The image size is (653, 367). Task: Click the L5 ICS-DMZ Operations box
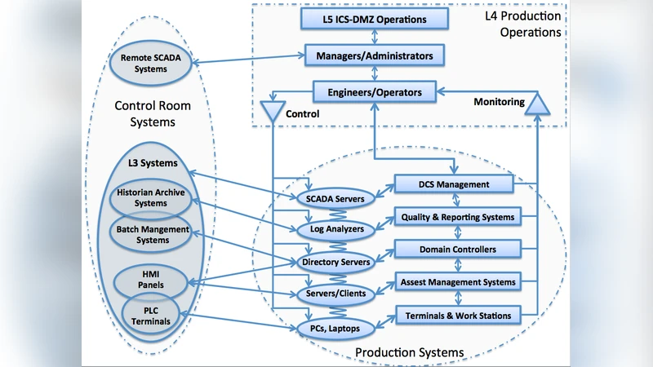(375, 18)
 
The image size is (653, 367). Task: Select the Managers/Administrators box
(375, 56)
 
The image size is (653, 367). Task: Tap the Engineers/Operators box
(375, 92)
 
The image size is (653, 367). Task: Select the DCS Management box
(454, 184)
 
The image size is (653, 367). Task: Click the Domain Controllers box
(457, 249)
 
